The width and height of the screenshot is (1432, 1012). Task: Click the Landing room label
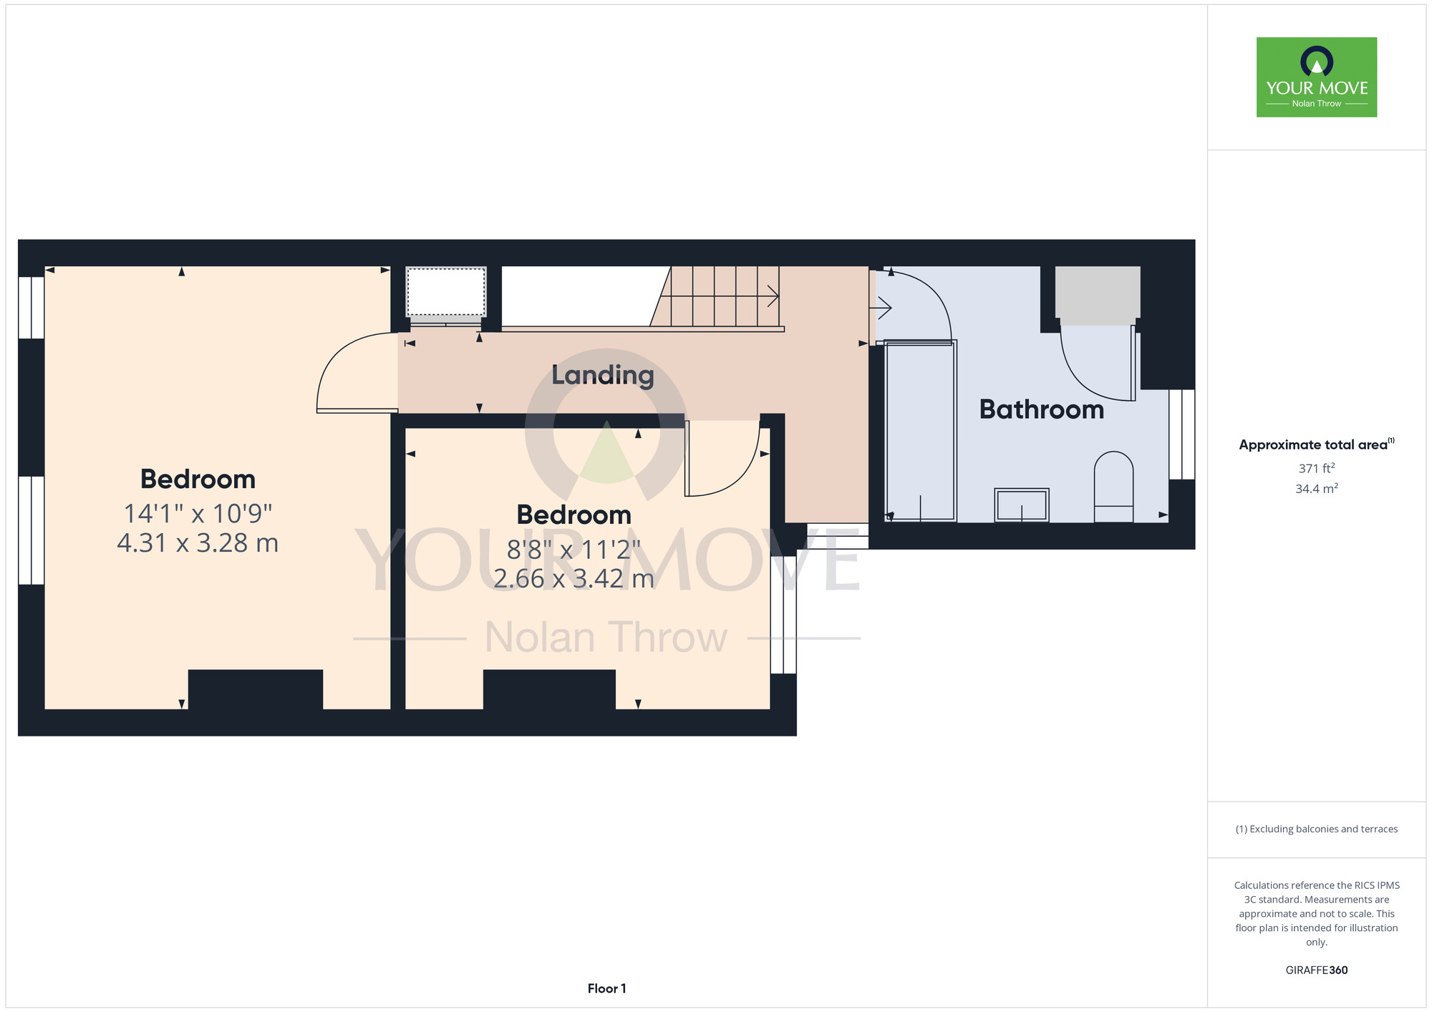point(603,375)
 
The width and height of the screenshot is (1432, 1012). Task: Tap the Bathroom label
point(1041,409)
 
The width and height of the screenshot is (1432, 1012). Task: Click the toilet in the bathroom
point(1113,487)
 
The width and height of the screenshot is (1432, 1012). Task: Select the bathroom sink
point(1022,505)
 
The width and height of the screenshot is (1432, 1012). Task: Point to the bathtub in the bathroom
point(921,431)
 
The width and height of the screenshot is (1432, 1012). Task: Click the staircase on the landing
point(715,296)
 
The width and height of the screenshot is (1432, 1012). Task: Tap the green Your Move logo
point(1317,77)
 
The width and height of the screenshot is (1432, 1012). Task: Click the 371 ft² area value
point(1317,468)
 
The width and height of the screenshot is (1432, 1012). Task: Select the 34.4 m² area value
point(1317,489)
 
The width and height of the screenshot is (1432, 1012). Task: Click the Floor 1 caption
point(606,988)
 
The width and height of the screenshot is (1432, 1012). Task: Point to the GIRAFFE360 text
point(1317,970)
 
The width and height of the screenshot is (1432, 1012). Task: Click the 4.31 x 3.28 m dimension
point(198,543)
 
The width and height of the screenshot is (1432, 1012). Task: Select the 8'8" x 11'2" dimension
point(574,550)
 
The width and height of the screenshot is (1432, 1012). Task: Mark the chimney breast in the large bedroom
point(256,689)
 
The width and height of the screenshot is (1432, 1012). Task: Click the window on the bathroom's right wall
point(1182,434)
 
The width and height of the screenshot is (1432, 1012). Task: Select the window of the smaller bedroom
point(783,615)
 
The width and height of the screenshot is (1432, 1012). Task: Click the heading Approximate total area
point(1317,444)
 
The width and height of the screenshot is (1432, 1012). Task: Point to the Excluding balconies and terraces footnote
point(1317,829)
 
